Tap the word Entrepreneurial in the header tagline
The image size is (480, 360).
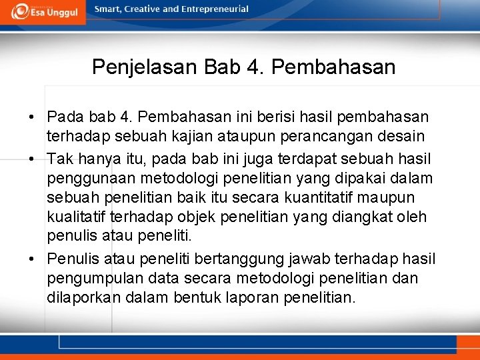[215, 9]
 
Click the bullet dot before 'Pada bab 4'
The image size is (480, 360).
[32, 118]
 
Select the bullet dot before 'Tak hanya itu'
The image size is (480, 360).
[32, 159]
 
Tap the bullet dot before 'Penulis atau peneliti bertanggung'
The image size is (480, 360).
[32, 259]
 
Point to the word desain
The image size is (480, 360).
[402, 137]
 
